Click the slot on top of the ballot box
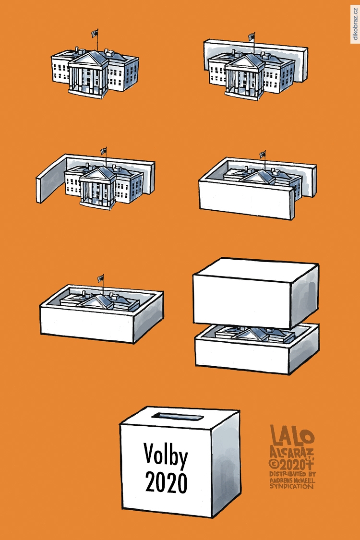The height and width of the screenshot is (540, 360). pyautogui.click(x=177, y=417)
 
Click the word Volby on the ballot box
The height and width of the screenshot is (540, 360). pyautogui.click(x=166, y=455)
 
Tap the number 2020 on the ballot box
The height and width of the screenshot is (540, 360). pyautogui.click(x=167, y=482)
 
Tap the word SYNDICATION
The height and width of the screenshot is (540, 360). pyautogui.click(x=292, y=486)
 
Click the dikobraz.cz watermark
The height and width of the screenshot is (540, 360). pyautogui.click(x=355, y=24)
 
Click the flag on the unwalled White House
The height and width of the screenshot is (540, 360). pyautogui.click(x=95, y=33)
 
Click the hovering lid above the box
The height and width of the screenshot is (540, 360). pyautogui.click(x=256, y=293)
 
